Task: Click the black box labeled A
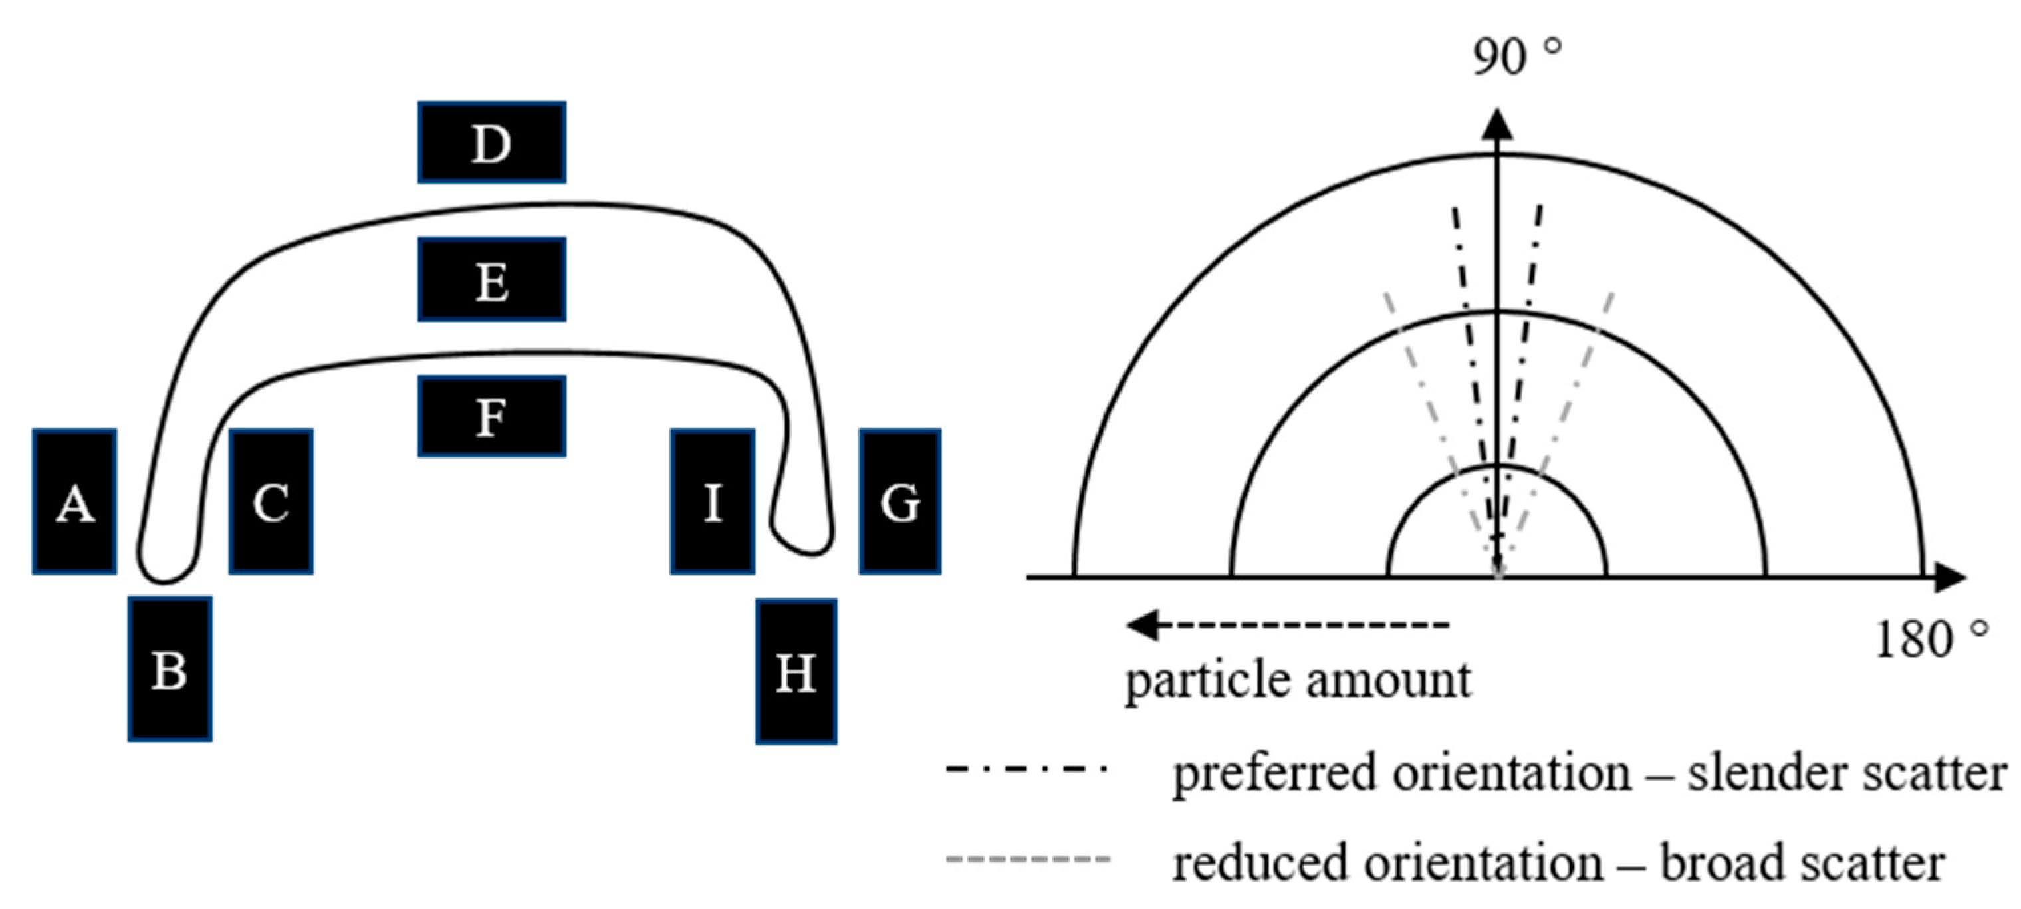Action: [x=74, y=501]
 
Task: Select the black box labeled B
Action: [x=170, y=669]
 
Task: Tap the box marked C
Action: [x=271, y=501]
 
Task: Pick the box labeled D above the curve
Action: [x=492, y=142]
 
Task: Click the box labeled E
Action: [x=492, y=279]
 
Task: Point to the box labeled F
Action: [x=492, y=416]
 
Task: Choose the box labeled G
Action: [x=900, y=501]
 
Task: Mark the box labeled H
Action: [x=796, y=671]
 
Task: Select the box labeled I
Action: [x=713, y=501]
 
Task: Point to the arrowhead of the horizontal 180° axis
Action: [x=1950, y=578]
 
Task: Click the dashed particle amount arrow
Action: [x=1286, y=626]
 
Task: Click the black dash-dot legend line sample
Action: [x=1026, y=769]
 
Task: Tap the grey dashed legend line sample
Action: [x=1028, y=858]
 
